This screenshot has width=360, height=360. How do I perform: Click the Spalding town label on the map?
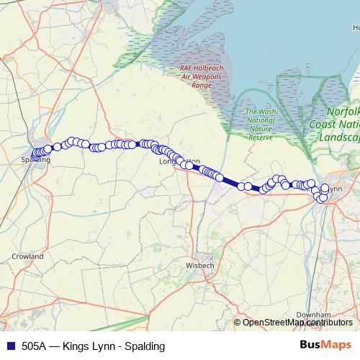click(36, 159)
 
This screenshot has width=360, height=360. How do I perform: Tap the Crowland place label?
click(28, 256)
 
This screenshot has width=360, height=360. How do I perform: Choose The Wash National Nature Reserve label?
click(260, 124)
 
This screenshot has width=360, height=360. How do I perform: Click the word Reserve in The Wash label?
click(260, 137)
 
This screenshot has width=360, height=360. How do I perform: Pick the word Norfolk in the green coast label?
click(343, 112)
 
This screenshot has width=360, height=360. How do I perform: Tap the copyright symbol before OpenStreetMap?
click(238, 322)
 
